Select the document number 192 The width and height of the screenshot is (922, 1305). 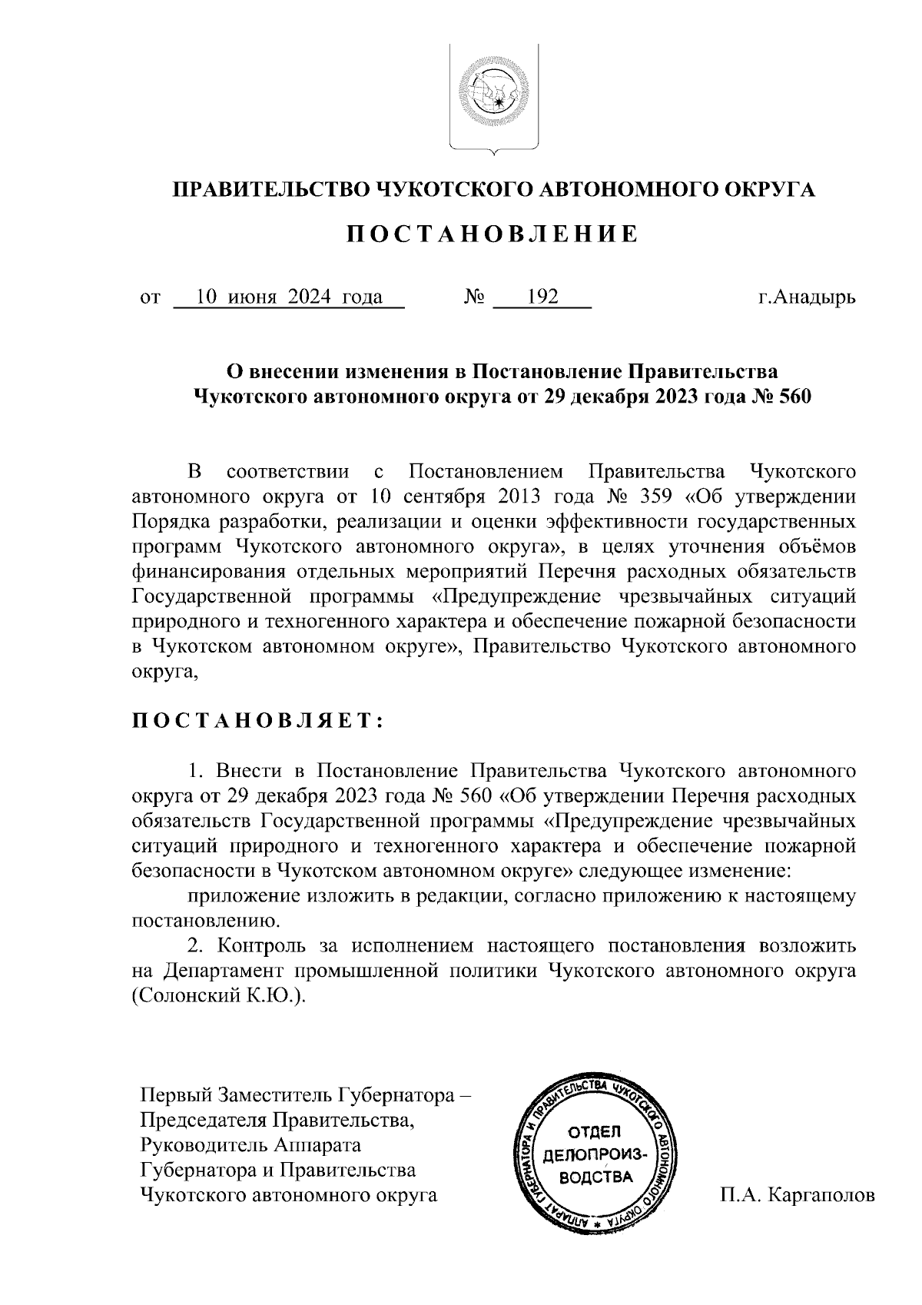pos(542,297)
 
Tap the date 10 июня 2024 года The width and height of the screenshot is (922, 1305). pos(290,297)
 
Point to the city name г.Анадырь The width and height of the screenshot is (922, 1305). pos(804,297)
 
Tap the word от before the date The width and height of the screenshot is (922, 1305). pos(150,297)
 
